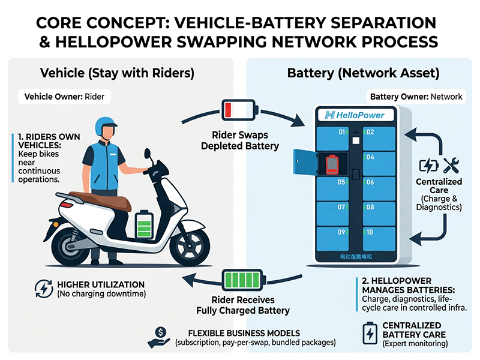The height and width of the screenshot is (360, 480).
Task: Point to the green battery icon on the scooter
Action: [143, 224]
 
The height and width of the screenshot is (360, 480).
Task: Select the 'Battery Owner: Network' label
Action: [415, 96]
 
